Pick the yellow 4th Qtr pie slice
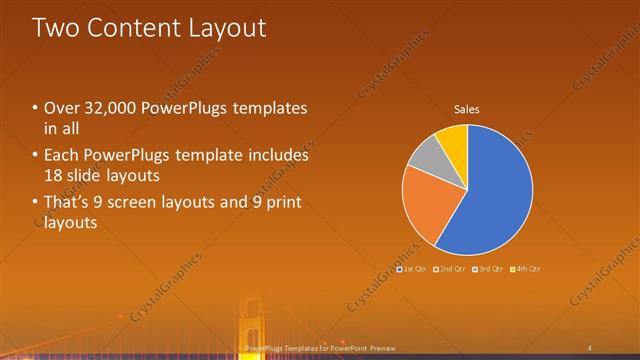[x=453, y=138]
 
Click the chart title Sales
[x=467, y=108]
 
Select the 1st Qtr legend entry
[x=412, y=269]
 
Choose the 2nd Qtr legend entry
[x=449, y=269]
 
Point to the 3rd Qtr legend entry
[x=487, y=269]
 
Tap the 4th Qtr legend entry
[x=525, y=269]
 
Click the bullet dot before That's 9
[x=36, y=204]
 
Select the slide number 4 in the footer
[x=590, y=347]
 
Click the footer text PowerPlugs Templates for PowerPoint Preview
[x=320, y=347]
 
